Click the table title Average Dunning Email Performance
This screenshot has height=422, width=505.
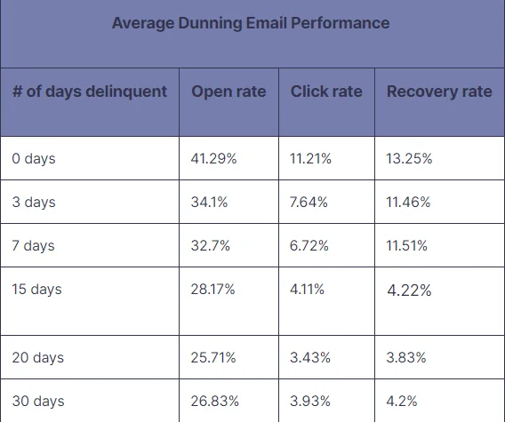(251, 23)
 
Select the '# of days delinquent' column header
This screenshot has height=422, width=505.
(90, 92)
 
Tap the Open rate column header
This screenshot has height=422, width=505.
(228, 92)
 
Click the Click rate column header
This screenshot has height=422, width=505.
(326, 92)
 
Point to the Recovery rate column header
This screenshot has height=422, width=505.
(439, 92)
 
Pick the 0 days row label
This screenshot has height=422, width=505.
(34, 159)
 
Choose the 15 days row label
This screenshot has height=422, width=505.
(37, 290)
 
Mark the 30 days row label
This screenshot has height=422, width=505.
(38, 401)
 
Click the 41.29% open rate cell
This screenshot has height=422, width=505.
(214, 159)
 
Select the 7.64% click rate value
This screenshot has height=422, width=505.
(309, 203)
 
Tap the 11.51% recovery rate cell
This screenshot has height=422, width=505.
(407, 246)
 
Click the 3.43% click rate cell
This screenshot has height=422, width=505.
(310, 357)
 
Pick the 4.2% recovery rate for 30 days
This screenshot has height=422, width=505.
(403, 401)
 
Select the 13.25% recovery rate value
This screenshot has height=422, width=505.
(410, 159)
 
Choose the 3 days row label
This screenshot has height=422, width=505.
(34, 203)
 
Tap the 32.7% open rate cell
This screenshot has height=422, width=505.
(211, 246)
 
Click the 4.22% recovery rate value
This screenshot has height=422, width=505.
(409, 291)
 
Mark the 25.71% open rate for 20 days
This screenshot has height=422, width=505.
(213, 357)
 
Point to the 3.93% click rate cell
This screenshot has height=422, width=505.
(310, 401)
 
